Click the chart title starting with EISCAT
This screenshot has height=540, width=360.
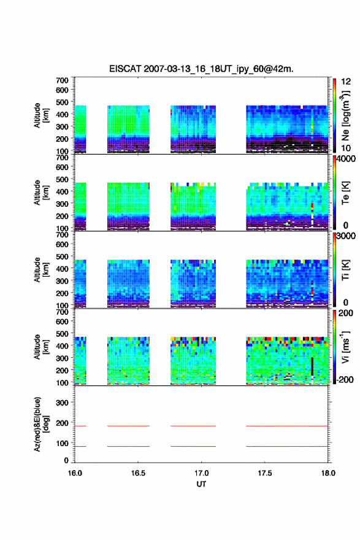tap(201, 69)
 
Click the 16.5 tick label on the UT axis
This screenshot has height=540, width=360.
tap(138, 473)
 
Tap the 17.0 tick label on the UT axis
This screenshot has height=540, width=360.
tap(201, 473)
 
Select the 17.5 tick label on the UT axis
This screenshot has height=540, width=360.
tap(265, 473)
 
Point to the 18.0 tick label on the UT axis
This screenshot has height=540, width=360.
tap(328, 473)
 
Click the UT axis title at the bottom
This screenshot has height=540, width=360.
tap(201, 484)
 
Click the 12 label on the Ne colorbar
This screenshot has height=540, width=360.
tap(346, 82)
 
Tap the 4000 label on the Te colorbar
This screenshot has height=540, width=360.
tap(346, 159)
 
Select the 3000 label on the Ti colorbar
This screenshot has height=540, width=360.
tap(346, 236)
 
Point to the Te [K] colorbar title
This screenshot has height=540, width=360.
tap(345, 193)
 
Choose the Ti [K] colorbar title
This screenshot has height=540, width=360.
tap(345, 269)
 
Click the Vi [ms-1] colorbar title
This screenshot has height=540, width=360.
tap(345, 347)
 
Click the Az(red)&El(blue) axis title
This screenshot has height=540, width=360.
tap(41, 424)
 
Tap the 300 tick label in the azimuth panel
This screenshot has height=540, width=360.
tap(62, 403)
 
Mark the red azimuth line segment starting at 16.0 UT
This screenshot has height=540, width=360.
tap(80, 426)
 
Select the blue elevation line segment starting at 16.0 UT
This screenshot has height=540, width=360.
tap(80, 446)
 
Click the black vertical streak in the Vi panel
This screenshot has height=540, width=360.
tap(312, 366)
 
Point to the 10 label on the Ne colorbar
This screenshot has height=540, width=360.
tap(346, 148)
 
